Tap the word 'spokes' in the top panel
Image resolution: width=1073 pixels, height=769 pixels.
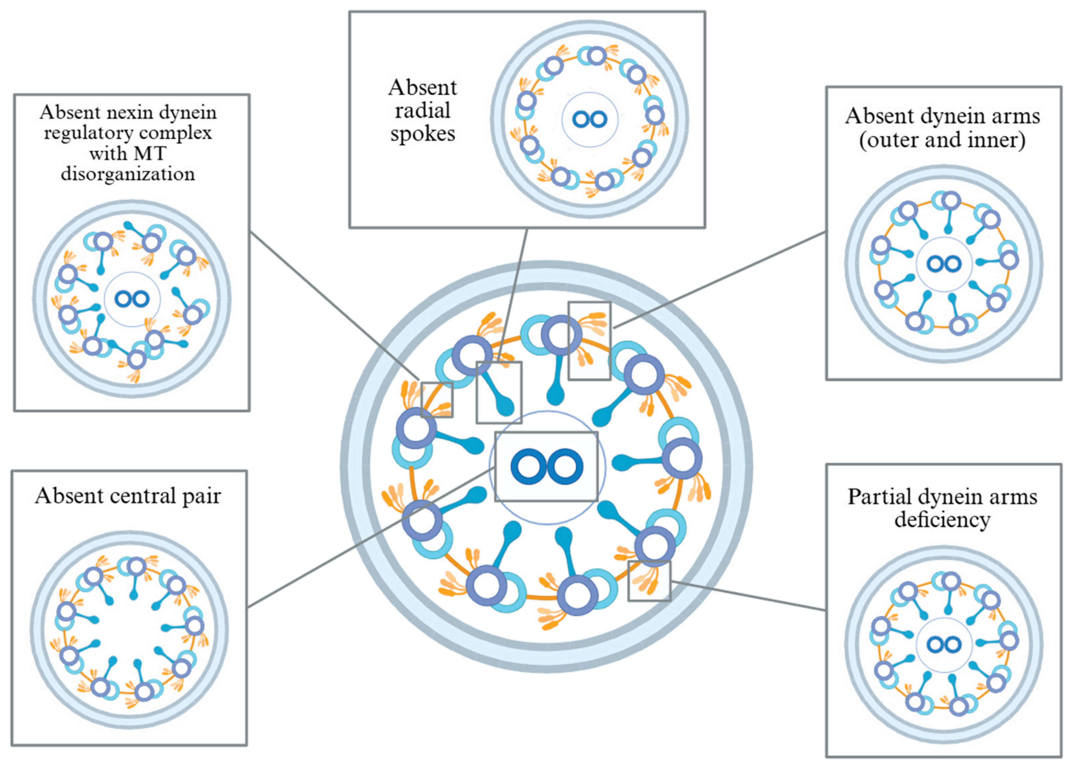(x=422, y=134)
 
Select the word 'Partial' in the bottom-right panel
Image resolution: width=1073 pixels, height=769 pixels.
(x=880, y=497)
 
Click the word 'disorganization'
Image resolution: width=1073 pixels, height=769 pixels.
(x=128, y=174)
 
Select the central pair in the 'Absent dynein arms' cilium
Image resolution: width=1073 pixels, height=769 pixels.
(x=944, y=263)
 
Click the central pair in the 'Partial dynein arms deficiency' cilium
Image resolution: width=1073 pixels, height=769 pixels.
(x=944, y=644)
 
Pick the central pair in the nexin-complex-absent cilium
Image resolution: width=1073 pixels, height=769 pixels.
(x=133, y=299)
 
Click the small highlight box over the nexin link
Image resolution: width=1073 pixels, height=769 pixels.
(x=437, y=400)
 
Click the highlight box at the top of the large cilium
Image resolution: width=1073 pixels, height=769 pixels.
(x=589, y=341)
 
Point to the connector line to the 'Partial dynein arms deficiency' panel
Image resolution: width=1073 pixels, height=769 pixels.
(x=747, y=595)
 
